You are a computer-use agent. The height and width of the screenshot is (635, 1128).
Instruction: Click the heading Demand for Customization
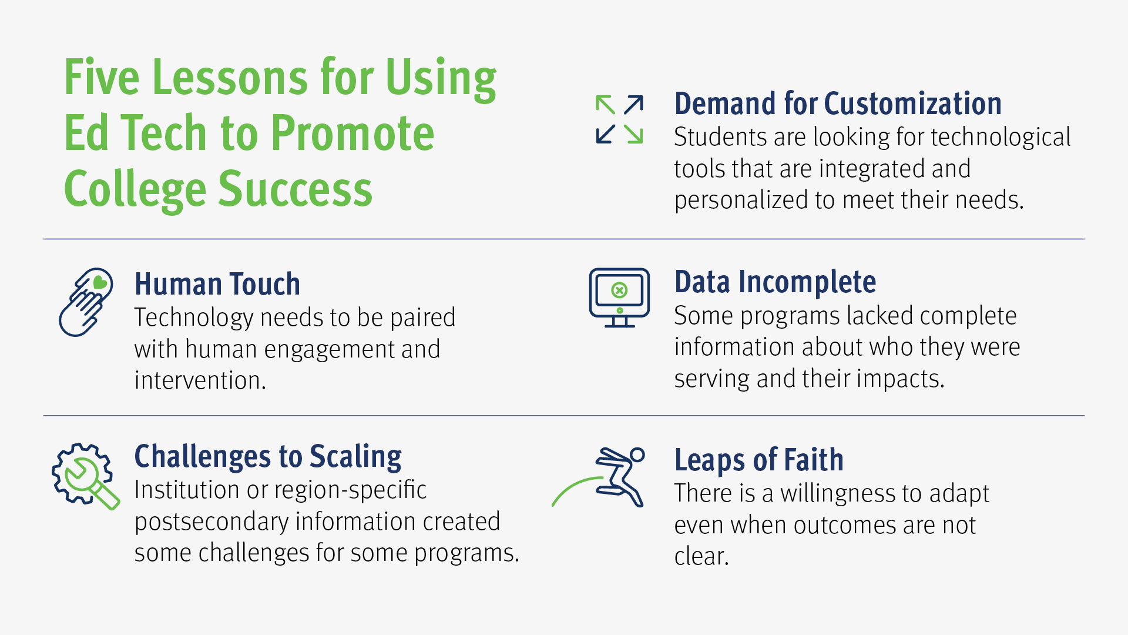coord(838,103)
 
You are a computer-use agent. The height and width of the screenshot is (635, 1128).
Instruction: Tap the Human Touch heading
coord(217,284)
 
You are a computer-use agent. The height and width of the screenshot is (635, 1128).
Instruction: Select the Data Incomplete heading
coord(775,282)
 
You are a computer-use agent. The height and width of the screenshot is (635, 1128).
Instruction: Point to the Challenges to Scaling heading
coord(268,457)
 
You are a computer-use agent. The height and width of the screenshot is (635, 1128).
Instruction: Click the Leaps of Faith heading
coord(759,460)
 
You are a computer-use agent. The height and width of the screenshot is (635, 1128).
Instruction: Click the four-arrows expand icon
coord(619,119)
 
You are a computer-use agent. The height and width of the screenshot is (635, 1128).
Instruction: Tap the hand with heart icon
coord(86,302)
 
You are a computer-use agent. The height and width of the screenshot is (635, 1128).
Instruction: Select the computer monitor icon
coord(619,298)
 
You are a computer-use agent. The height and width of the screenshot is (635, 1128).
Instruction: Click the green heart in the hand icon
coord(100,282)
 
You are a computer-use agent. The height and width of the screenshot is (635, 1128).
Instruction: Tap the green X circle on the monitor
coord(619,290)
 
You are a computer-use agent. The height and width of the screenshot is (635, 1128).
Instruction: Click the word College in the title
coord(135,190)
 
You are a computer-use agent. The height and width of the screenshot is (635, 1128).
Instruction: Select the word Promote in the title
coord(352,133)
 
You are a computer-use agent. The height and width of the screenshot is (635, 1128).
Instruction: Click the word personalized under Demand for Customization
coord(741,200)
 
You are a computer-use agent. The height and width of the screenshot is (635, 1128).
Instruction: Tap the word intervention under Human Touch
coord(200,380)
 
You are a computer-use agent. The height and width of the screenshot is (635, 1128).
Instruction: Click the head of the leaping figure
coord(637,454)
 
